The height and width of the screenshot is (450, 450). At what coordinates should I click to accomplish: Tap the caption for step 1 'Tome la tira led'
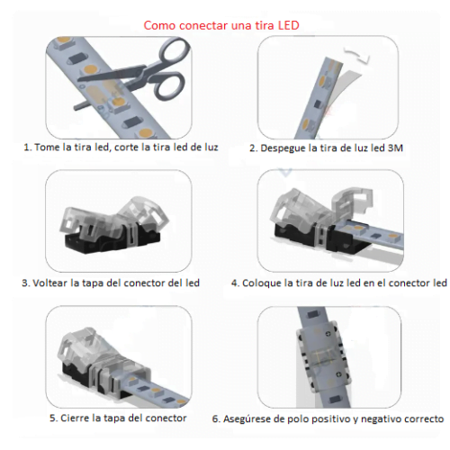click(121, 147)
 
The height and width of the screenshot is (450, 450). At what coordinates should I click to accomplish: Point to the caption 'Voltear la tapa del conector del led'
click(110, 283)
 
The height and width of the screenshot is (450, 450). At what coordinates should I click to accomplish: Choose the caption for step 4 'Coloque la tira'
click(338, 283)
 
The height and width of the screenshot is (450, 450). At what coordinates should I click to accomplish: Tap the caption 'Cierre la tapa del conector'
click(118, 418)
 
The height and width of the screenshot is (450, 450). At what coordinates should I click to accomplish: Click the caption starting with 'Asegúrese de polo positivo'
click(328, 418)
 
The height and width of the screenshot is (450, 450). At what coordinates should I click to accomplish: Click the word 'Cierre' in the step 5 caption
click(78, 418)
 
